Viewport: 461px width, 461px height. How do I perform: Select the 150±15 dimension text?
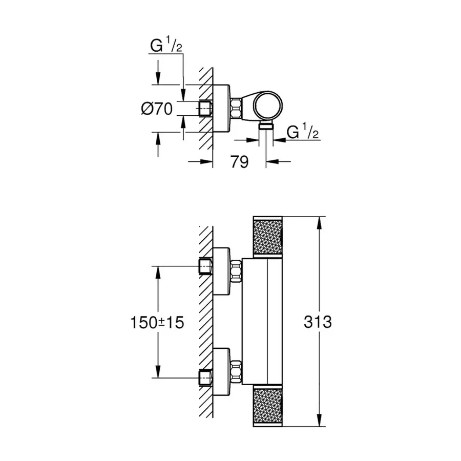pos(157,322)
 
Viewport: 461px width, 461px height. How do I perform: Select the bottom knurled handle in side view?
pos(268,407)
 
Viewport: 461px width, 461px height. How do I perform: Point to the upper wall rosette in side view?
pos(222,271)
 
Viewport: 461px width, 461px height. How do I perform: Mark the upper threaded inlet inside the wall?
pos(205,267)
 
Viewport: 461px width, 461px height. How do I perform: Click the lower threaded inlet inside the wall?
pos(205,377)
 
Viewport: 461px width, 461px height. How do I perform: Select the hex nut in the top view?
pos(237,109)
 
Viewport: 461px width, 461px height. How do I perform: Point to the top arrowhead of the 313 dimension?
pos(320,220)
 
